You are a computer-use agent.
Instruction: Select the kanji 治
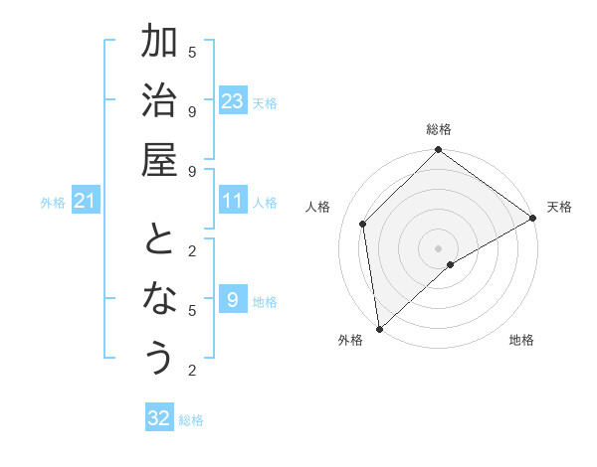point(159,102)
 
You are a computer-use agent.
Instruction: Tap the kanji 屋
point(159,162)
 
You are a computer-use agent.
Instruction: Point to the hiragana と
point(159,240)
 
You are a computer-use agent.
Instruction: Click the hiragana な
point(159,299)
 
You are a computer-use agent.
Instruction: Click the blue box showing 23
point(233,101)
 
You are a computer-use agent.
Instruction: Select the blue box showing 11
point(233,202)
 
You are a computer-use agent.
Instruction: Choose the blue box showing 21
point(86,202)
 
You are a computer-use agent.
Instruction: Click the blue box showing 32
point(159,418)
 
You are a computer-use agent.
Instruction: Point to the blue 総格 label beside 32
point(191,420)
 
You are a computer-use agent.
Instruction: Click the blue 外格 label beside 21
point(53,203)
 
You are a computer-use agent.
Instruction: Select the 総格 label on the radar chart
point(439,129)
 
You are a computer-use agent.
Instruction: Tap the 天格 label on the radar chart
point(559,207)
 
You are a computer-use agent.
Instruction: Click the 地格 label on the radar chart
point(521,340)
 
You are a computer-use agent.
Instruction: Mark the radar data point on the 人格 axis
point(363,224)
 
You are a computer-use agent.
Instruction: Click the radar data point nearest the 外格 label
point(379,329)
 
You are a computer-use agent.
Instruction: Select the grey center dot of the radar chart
point(439,247)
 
